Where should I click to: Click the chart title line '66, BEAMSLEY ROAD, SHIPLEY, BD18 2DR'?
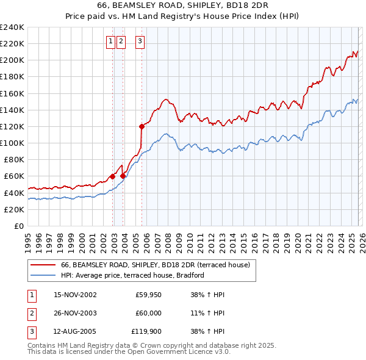pyautogui.click(x=182, y=5)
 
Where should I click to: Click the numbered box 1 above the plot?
pyautogui.click(x=110, y=41)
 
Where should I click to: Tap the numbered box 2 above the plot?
pyautogui.click(x=120, y=41)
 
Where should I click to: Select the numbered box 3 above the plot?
pyautogui.click(x=140, y=41)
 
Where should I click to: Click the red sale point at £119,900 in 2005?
pyautogui.click(x=142, y=127)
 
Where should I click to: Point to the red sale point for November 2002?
pyautogui.click(x=113, y=176)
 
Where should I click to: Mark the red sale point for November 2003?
pyautogui.click(x=123, y=176)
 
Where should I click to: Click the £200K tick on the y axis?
pyautogui.click(x=12, y=60)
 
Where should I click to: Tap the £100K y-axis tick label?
pyautogui.click(x=12, y=143)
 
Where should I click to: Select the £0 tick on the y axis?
pyautogui.click(x=18, y=226)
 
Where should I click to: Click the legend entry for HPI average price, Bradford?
pyautogui.click(x=132, y=275)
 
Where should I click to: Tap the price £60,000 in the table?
pyautogui.click(x=148, y=313)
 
